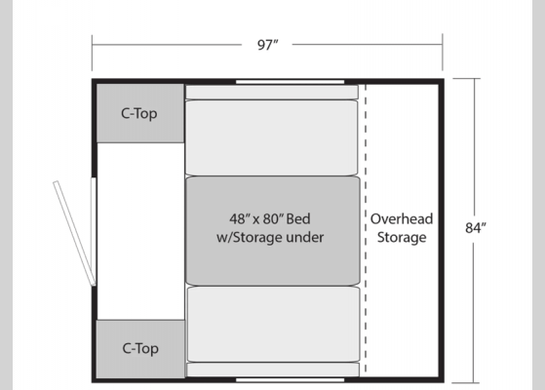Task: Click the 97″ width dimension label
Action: [x=268, y=45]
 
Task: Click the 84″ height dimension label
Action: [x=476, y=228]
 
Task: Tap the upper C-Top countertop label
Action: [x=139, y=114]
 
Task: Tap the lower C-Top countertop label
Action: [x=140, y=349]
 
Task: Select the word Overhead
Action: [x=402, y=219]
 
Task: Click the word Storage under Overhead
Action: [x=402, y=237]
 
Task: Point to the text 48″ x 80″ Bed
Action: [x=270, y=219]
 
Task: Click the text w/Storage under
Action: [x=270, y=237]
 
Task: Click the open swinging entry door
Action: [x=74, y=233]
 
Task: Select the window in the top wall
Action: [x=290, y=82]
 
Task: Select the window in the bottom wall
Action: [x=290, y=380]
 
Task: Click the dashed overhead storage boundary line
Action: [x=366, y=229]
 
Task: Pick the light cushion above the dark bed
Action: [x=271, y=137]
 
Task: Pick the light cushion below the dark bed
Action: [x=274, y=324]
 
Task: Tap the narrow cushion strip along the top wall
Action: [x=272, y=92]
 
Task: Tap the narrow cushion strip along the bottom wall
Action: [x=273, y=370]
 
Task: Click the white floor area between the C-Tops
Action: [x=140, y=231]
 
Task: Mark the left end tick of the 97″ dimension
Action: [x=92, y=53]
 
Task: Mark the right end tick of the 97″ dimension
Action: [x=443, y=52]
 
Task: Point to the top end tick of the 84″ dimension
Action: [x=466, y=79]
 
